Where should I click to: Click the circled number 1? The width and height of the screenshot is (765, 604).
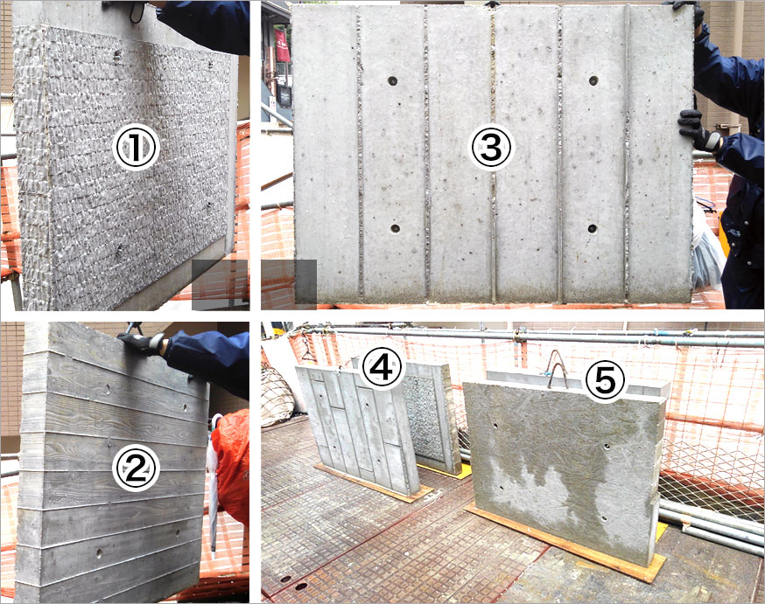point(137,147)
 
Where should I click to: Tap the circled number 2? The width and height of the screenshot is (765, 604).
point(137,469)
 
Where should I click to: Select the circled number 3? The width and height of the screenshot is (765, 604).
point(491,147)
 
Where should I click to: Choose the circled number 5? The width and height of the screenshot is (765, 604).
point(605,381)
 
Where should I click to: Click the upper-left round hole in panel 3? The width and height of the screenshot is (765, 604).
point(393,81)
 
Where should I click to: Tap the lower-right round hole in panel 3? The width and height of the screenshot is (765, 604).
point(592,228)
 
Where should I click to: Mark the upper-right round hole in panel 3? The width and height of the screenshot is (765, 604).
point(593,80)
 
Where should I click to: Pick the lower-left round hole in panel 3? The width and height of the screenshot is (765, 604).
point(395,228)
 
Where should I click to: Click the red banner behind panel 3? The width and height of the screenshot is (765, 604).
point(282,45)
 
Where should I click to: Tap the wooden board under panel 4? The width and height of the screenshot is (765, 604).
point(373,483)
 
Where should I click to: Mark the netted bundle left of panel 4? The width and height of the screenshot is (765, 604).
point(278,397)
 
